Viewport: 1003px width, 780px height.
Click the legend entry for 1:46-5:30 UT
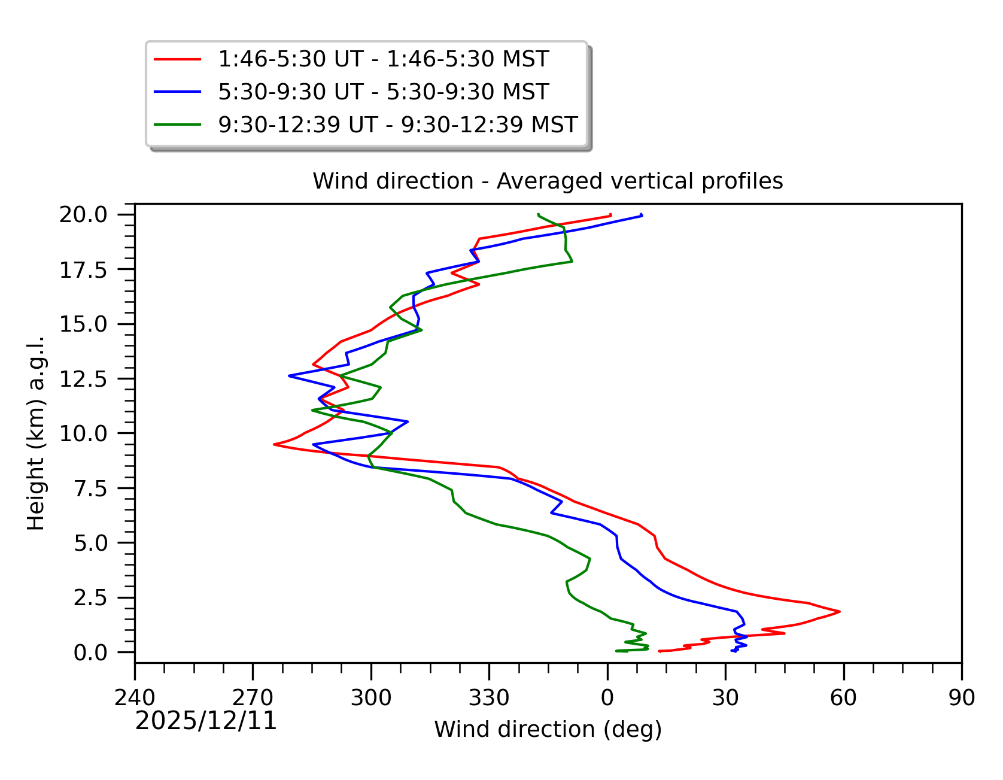pos(383,59)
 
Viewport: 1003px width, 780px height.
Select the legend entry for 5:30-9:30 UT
pos(383,92)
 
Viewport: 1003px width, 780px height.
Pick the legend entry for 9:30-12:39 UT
pos(397,125)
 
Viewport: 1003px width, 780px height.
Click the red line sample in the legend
pos(178,59)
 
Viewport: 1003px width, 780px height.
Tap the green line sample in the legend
pos(178,125)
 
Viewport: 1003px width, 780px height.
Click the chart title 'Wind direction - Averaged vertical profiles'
pos(548,181)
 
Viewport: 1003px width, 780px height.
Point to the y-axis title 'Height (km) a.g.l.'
pos(36,433)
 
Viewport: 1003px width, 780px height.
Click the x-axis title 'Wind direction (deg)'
pos(548,730)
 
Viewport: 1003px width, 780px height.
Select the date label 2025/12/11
pos(206,721)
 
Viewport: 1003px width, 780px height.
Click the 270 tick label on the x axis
pos(253,698)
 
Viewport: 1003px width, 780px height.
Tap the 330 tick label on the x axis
pos(489,698)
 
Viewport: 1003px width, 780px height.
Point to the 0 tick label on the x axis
pos(607,698)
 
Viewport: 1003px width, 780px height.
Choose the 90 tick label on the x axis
pos(962,698)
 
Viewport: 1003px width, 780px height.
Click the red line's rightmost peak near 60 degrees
pos(840,611)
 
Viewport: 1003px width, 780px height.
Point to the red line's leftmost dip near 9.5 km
pos(274,444)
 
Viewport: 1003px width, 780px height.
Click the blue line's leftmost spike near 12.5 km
pos(289,376)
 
